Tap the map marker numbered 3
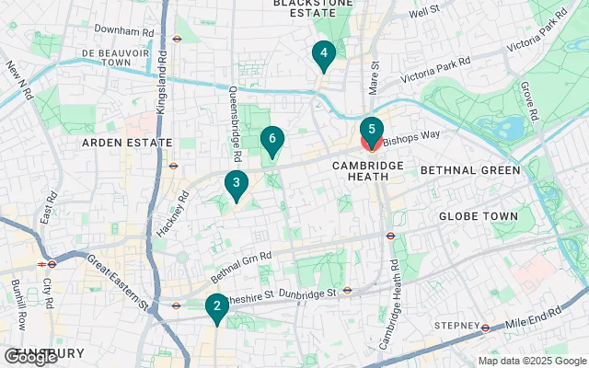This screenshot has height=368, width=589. (x=237, y=185)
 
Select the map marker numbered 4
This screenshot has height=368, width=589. (x=323, y=55)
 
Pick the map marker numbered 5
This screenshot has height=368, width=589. (x=371, y=131)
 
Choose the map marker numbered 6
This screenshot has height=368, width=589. (x=271, y=140)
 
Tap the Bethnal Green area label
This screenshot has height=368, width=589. (x=469, y=170)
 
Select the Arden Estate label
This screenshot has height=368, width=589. (x=115, y=143)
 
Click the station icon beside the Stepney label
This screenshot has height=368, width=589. (x=485, y=327)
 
